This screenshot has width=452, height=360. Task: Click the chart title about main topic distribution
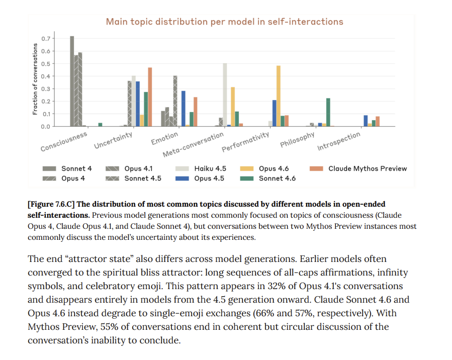click(x=224, y=22)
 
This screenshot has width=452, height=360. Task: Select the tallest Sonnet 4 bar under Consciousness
click(x=72, y=81)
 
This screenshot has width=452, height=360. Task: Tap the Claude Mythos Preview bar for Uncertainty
click(x=149, y=97)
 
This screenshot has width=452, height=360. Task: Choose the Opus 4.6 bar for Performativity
click(x=278, y=96)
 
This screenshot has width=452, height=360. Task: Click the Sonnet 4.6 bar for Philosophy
click(x=328, y=112)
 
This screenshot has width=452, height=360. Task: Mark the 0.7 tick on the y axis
click(x=46, y=39)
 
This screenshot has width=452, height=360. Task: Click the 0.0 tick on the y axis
click(x=46, y=126)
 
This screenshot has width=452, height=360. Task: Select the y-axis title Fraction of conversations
click(x=35, y=79)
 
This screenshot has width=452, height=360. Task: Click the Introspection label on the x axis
click(x=339, y=142)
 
